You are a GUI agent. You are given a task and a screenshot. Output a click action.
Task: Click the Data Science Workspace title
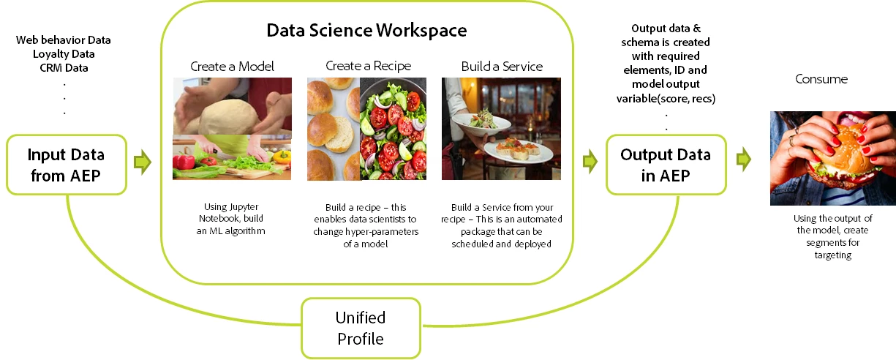366,31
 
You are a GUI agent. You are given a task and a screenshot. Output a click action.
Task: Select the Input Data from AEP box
67,165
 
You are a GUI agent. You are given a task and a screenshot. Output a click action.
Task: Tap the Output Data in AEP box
666,165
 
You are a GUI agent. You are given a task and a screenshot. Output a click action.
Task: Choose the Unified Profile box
361,328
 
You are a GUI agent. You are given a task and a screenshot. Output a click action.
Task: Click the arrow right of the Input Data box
143,162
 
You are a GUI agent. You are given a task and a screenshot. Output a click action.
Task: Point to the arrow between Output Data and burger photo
744,160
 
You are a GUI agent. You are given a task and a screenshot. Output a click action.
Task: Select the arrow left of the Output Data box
590,162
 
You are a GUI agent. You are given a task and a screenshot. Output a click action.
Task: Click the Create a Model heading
232,67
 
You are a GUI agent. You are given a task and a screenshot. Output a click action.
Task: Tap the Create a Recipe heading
368,66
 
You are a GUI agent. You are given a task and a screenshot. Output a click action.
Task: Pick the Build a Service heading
502,67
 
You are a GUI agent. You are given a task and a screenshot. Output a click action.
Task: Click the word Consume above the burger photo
821,79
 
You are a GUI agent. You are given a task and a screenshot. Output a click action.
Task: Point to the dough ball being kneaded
228,115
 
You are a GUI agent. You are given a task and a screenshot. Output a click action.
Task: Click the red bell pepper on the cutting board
184,162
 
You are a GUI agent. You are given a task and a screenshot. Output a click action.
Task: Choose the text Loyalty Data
64,54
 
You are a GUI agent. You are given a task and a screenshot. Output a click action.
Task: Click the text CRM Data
64,68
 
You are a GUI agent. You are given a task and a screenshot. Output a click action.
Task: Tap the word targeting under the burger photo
833,255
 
